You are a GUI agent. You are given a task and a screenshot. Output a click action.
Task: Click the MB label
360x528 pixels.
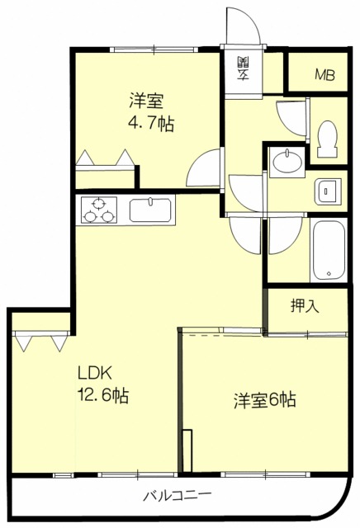pos(324,75)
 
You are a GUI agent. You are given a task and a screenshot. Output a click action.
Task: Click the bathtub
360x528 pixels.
pos(327,251)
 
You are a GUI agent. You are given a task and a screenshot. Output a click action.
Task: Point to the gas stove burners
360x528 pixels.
pos(99,210)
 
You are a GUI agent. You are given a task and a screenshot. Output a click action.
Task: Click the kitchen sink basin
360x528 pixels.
pos(149,210)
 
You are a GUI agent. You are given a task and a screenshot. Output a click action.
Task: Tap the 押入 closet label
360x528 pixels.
pos(305,306)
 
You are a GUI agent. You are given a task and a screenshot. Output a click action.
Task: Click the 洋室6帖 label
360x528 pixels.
pos(264,401)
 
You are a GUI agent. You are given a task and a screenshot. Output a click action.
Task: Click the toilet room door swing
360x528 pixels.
pos(291,116)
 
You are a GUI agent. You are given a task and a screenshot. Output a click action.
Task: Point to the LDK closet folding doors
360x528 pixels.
pos(40,340)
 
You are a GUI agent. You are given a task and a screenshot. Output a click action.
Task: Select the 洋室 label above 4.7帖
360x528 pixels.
pos(145,102)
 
